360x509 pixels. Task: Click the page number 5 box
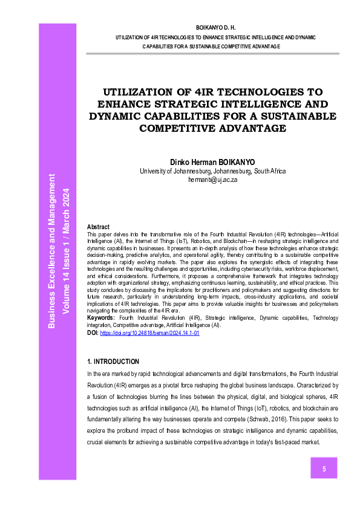(x=324, y=468)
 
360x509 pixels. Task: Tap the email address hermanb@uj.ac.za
(x=212, y=180)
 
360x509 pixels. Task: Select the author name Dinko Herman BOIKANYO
(x=212, y=162)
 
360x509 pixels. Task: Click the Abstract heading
(x=99, y=227)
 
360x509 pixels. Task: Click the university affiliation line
(x=212, y=171)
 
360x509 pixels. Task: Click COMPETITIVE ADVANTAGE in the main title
(x=212, y=128)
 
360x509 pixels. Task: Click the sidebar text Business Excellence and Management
(x=52, y=251)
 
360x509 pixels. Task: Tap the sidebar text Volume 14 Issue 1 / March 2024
(x=66, y=251)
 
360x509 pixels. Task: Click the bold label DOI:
(x=93, y=333)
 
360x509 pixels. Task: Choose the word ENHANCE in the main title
(x=129, y=104)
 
